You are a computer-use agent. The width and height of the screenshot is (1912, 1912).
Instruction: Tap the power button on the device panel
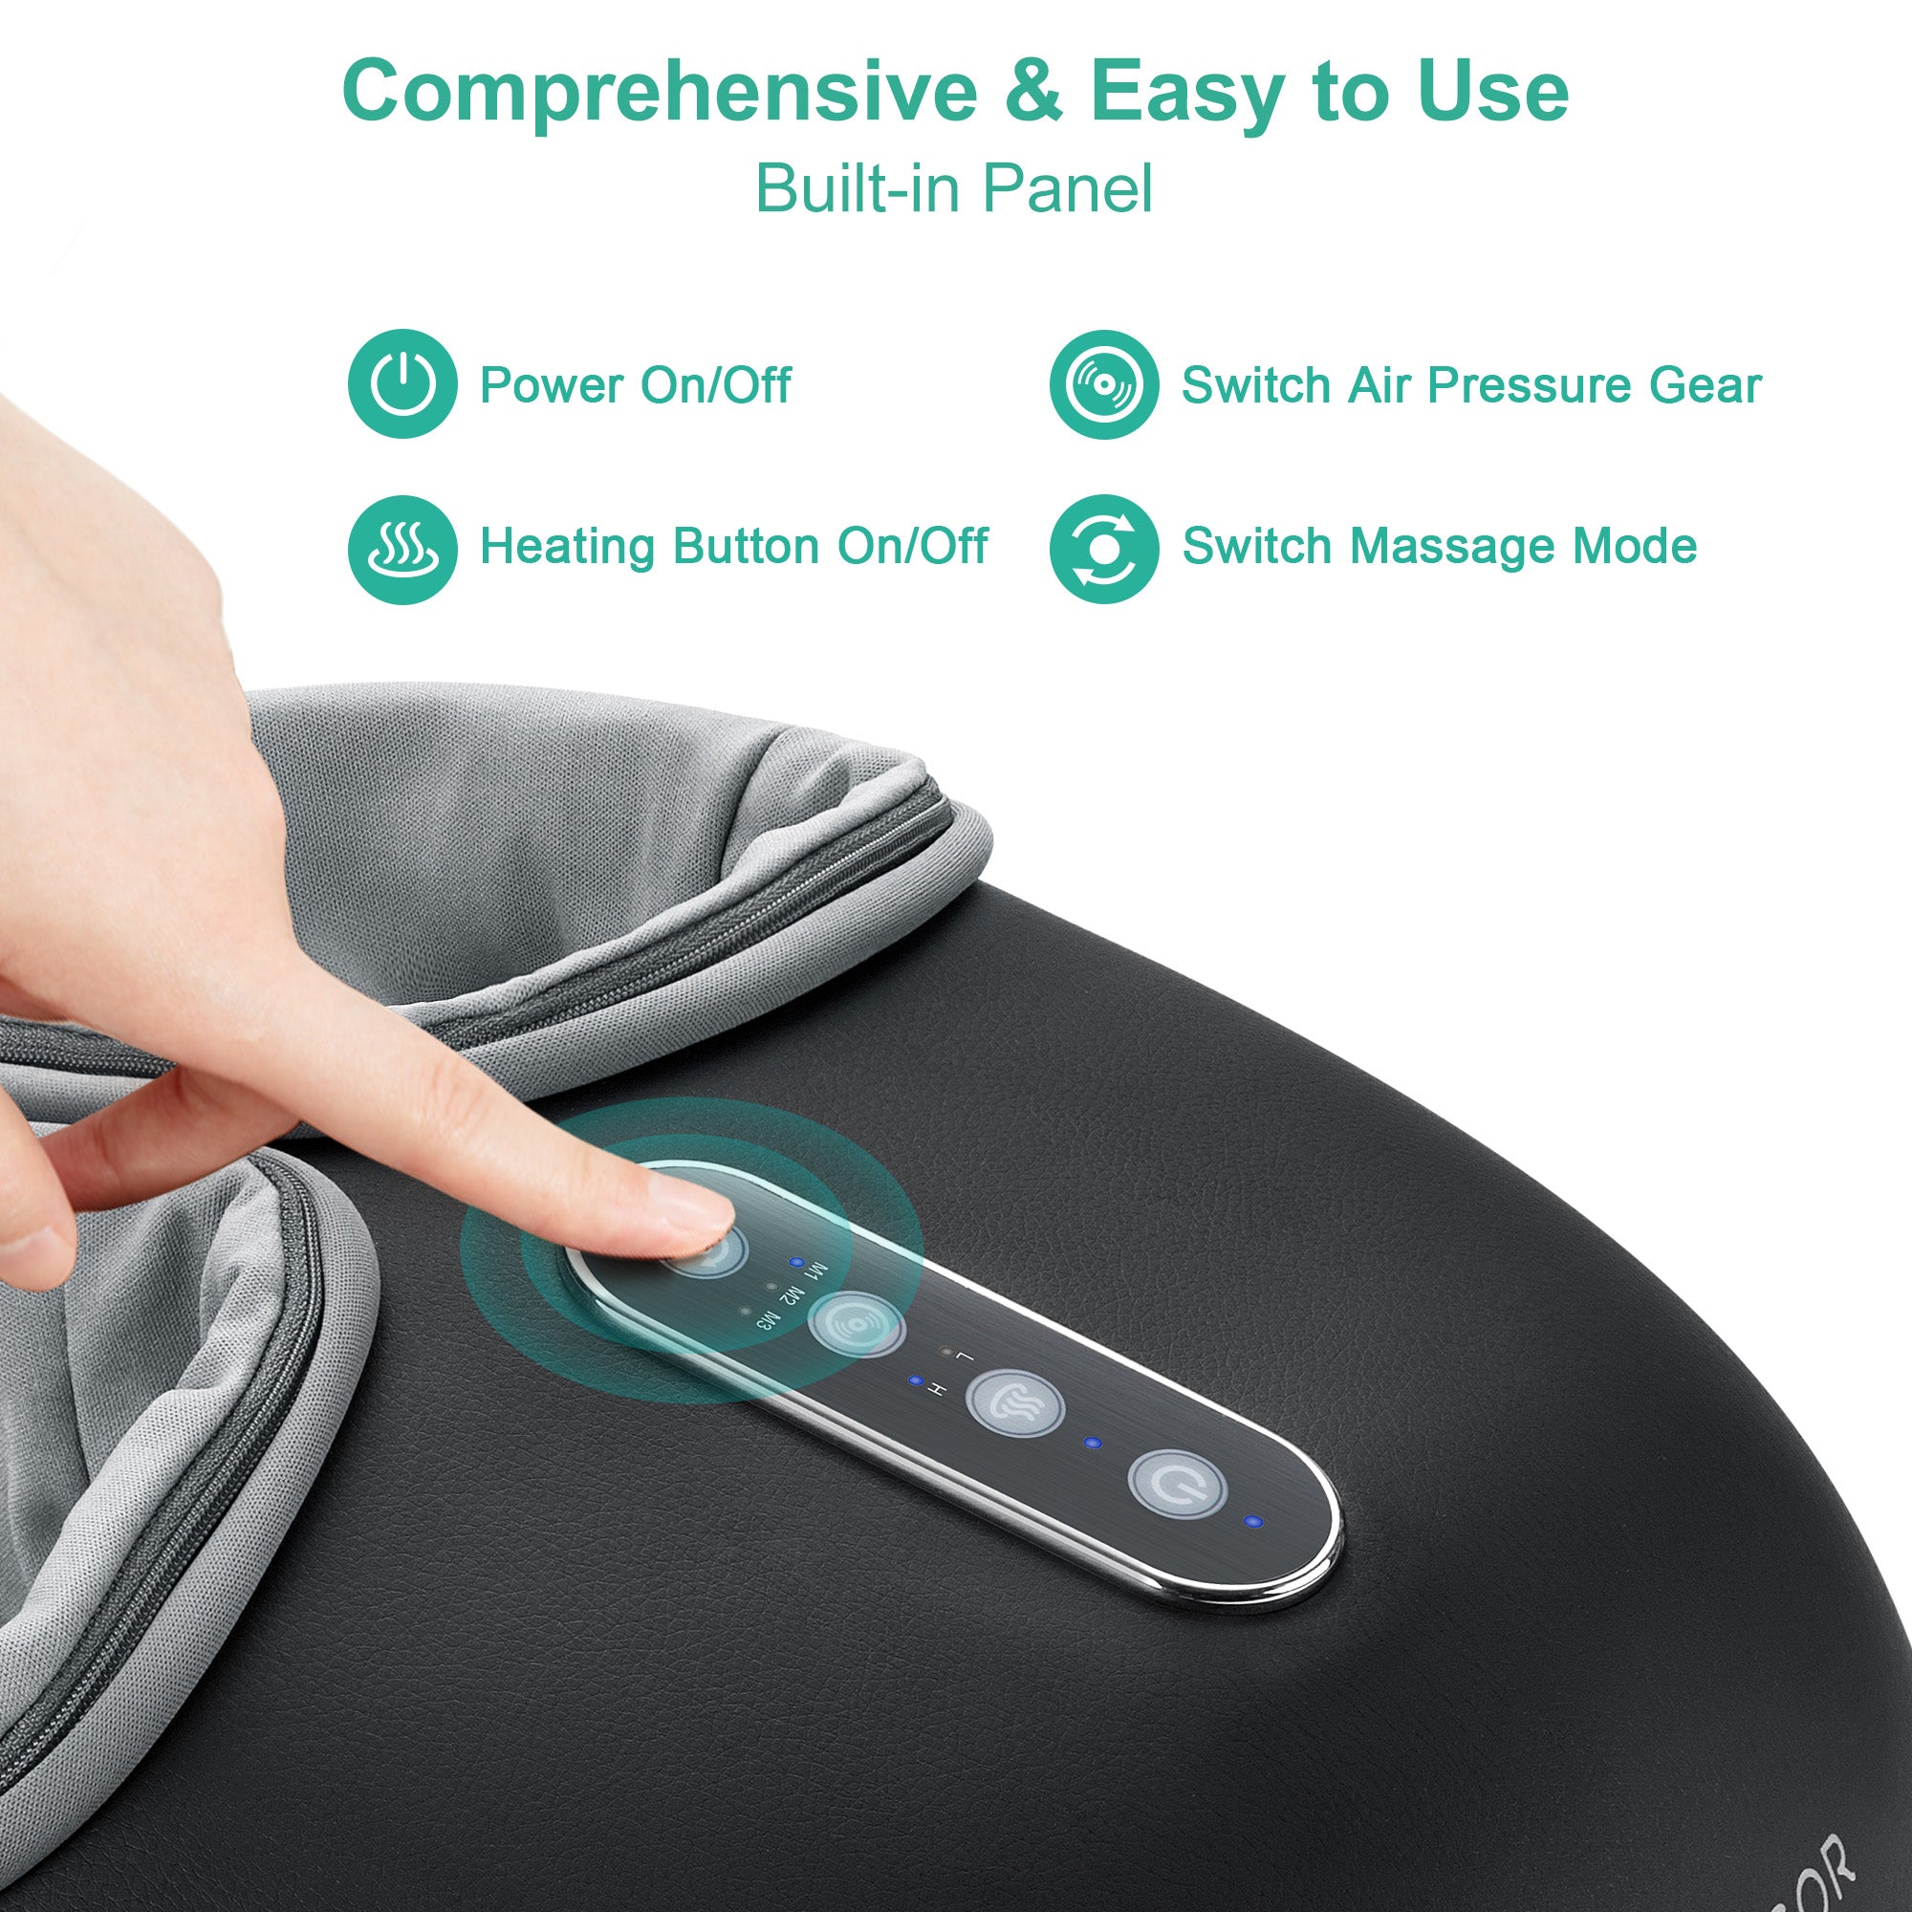(x=1178, y=1483)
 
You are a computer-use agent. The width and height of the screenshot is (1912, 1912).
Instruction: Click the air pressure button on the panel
(x=856, y=1323)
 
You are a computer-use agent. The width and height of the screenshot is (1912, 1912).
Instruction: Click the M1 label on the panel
(x=817, y=1269)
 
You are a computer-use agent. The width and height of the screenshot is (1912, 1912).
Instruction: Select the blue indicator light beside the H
(x=915, y=1380)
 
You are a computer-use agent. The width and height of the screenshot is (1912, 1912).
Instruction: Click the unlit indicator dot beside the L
(x=946, y=1351)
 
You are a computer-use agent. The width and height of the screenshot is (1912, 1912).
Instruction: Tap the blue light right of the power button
(x=1254, y=1521)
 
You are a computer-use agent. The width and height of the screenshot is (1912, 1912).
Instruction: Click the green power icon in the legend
(x=402, y=384)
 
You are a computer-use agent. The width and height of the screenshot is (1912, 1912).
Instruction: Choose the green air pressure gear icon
(x=1103, y=384)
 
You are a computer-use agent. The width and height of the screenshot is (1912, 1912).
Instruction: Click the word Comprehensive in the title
(x=658, y=91)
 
